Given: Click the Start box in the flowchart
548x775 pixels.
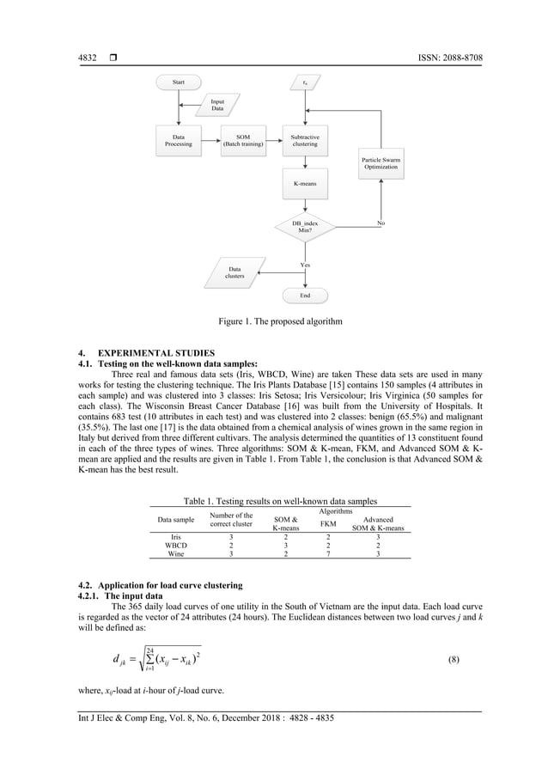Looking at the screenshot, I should point(179,82).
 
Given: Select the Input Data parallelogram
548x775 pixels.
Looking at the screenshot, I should point(217,106).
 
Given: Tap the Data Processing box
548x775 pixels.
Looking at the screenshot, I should point(179,141).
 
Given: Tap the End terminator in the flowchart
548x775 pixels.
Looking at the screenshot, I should point(305,295).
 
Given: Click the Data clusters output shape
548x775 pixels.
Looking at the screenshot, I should point(234,273).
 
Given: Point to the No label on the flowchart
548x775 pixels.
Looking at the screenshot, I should point(381,223).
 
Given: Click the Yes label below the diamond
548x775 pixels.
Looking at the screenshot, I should point(305,265).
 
